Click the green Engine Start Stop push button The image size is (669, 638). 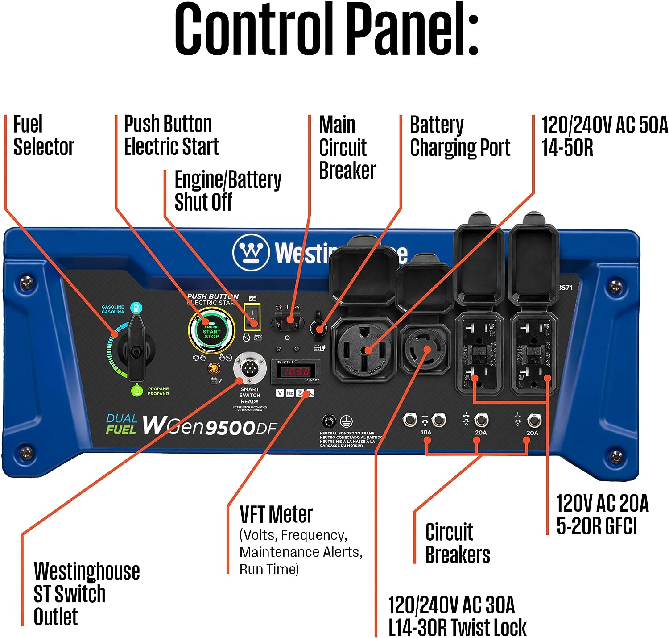(211, 331)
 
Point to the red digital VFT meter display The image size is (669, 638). (295, 371)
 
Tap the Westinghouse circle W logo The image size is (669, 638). (251, 253)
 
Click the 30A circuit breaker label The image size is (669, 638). (425, 432)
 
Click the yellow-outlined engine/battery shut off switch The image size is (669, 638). (252, 317)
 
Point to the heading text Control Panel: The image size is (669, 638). (326, 29)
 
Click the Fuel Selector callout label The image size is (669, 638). (43, 136)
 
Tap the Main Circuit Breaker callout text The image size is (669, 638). (347, 148)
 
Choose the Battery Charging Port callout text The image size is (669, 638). (459, 136)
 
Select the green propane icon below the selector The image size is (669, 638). (136, 391)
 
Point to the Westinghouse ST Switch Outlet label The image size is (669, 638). (87, 594)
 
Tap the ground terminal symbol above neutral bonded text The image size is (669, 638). (347, 421)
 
